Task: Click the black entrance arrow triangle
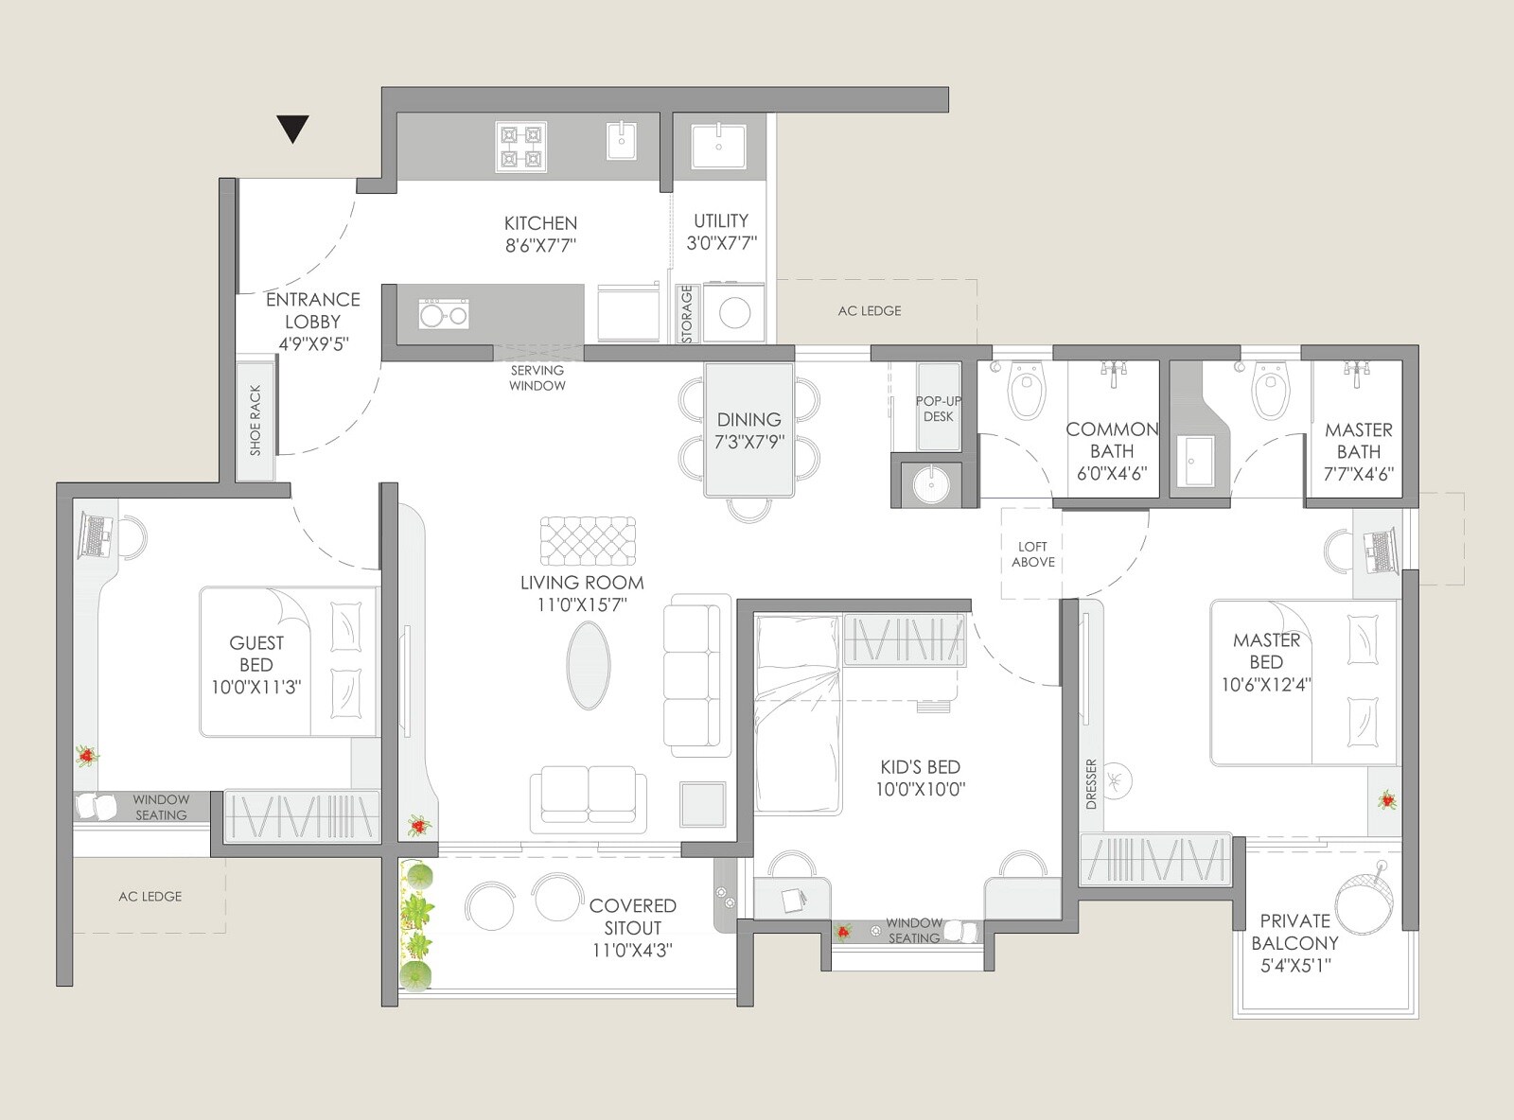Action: [x=293, y=128]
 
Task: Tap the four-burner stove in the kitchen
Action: [x=521, y=148]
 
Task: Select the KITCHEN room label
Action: [x=540, y=223]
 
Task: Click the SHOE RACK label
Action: [x=255, y=420]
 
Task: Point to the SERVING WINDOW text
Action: [x=537, y=377]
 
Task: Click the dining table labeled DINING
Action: [x=748, y=429]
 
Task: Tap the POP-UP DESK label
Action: [x=938, y=409]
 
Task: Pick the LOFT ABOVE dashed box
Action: [x=1032, y=553]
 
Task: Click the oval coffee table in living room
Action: [x=589, y=664]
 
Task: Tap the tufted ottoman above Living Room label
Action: [x=588, y=541]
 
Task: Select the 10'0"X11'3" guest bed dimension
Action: [x=255, y=688]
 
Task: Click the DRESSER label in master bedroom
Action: [x=1091, y=783]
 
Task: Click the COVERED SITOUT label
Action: [x=632, y=917]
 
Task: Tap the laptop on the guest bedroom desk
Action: [x=96, y=536]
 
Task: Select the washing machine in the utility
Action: [x=734, y=313]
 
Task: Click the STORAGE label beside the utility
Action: [x=687, y=314]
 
